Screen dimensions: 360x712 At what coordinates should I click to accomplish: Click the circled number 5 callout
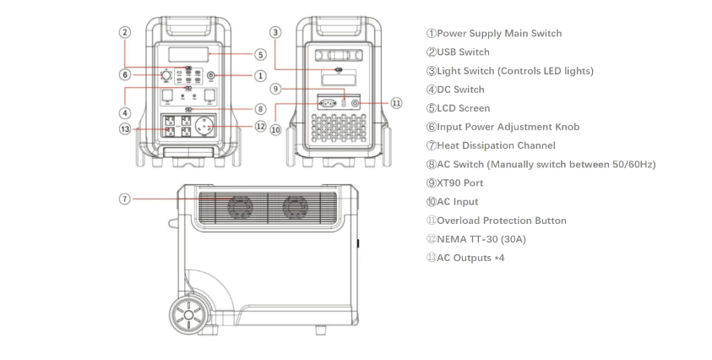tap(260, 55)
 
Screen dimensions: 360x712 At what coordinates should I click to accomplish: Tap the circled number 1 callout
tap(260, 76)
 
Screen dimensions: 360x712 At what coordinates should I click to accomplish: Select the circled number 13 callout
tap(125, 129)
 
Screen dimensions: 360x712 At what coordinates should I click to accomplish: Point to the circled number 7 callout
tap(124, 199)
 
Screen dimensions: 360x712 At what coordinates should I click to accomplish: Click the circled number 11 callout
tap(396, 103)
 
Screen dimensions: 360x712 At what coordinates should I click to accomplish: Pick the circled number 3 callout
tap(274, 32)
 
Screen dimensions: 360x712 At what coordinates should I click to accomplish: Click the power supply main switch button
tap(210, 76)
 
